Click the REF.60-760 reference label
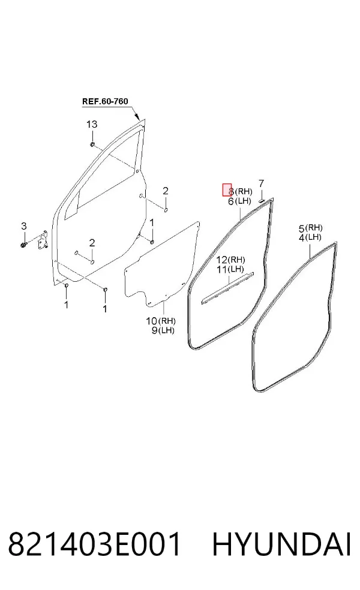pyautogui.click(x=105, y=101)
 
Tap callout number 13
pyautogui.click(x=92, y=124)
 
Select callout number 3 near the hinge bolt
pyautogui.click(x=24, y=226)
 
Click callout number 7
pyautogui.click(x=262, y=183)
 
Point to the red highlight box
pyautogui.click(x=227, y=190)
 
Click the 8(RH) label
pyautogui.click(x=240, y=191)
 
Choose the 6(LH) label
pyautogui.click(x=239, y=201)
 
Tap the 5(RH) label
pyautogui.click(x=311, y=228)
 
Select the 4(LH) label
pyautogui.click(x=310, y=237)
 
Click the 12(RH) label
pyautogui.click(x=230, y=260)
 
